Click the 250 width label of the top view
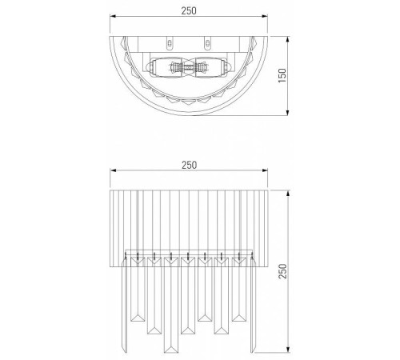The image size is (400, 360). pos(189,10)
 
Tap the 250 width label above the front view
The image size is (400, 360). pos(189,164)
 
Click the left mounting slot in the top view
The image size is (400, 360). pos(170,42)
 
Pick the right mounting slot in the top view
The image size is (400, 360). pos(207,42)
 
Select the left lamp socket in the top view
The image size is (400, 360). pos(171,67)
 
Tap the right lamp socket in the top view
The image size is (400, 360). pos(206,67)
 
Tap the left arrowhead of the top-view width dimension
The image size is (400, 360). pos(109,18)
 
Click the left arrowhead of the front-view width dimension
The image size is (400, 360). pos(109,171)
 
